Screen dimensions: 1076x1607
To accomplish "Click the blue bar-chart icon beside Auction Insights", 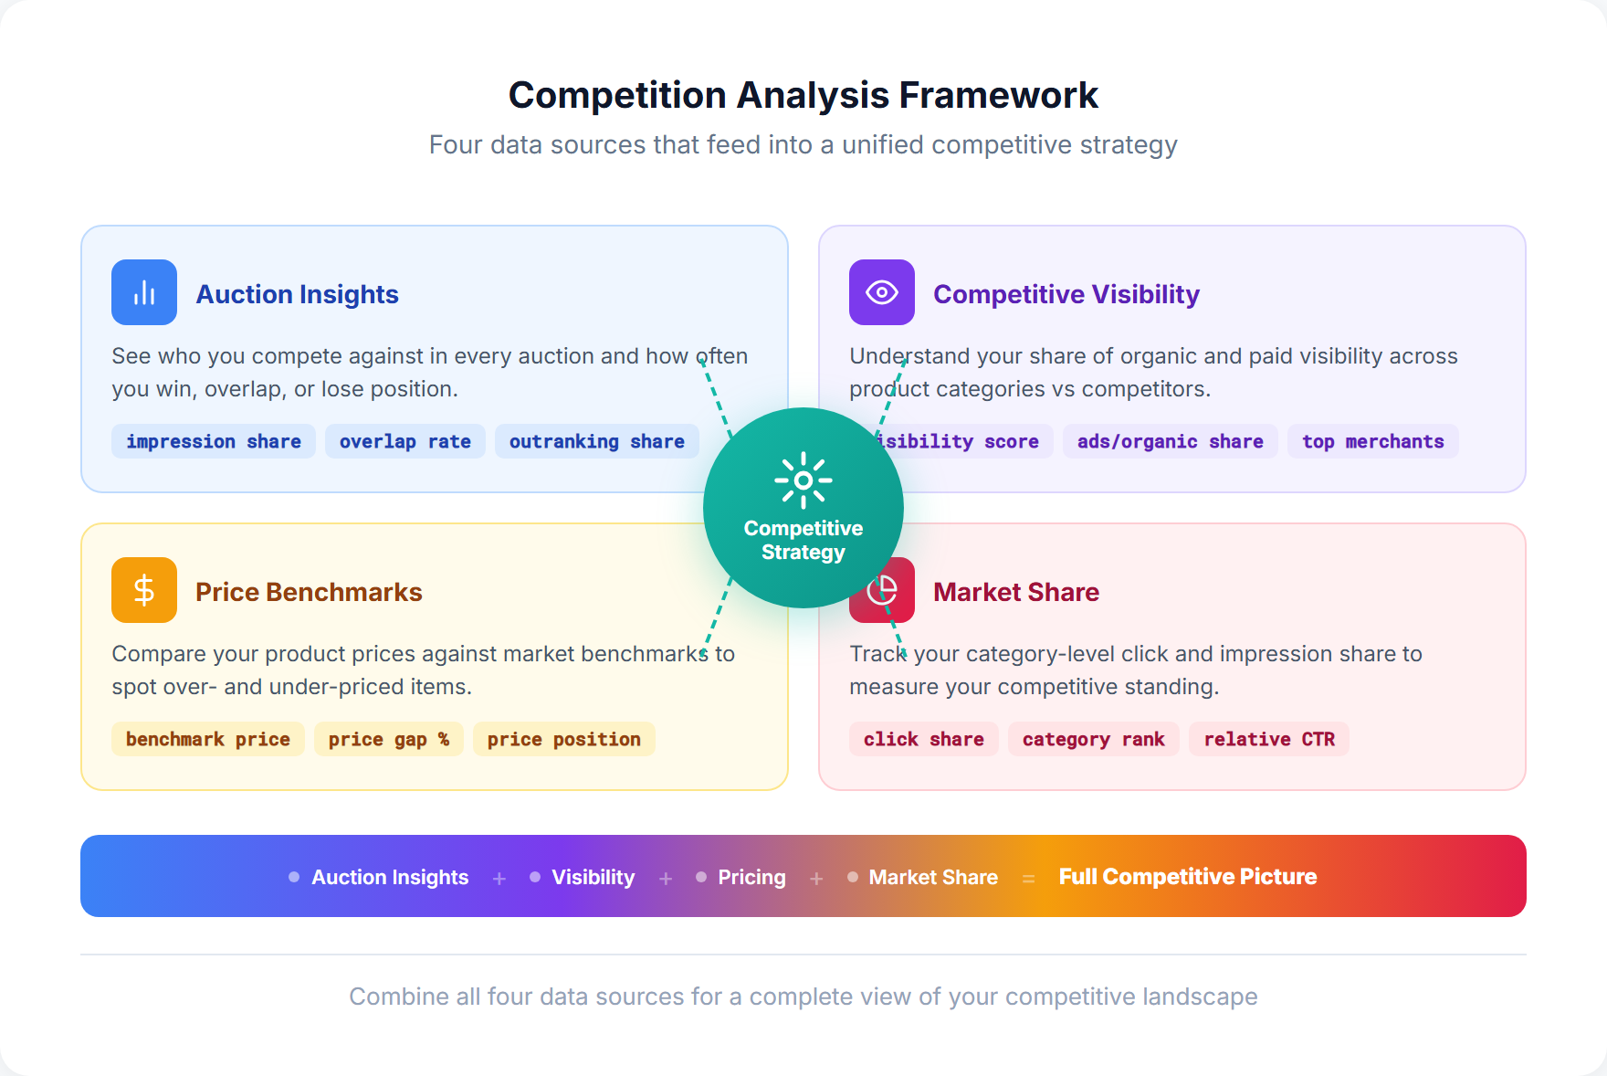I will click(144, 292).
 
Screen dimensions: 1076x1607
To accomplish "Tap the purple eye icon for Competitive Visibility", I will click(881, 292).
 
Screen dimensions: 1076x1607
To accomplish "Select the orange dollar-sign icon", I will click(144, 590).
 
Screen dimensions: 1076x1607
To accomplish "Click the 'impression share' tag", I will click(214, 441).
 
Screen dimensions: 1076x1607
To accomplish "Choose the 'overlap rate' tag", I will click(404, 441).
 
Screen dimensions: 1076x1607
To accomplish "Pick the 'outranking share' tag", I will click(596, 441).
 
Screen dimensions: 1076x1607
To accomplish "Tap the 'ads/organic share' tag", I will click(1170, 441).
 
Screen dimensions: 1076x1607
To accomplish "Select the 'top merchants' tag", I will click(1372, 441).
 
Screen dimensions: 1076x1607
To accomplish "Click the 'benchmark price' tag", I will click(208, 739).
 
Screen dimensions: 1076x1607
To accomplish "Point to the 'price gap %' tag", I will click(388, 739).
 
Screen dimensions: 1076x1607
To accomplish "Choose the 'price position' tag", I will click(563, 739).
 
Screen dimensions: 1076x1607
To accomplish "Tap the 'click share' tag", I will click(923, 739).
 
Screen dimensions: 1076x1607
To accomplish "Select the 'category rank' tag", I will click(1093, 739).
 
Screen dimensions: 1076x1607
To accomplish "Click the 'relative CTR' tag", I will click(1268, 739).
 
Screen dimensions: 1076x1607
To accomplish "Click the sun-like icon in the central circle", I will click(803, 480).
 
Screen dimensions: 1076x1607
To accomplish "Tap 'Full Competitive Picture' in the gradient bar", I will click(1187, 877).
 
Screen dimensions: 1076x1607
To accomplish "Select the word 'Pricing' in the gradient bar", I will click(751, 877).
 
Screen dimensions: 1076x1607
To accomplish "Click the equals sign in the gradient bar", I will click(1028, 878).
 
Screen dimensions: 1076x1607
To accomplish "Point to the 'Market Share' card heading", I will click(1015, 592).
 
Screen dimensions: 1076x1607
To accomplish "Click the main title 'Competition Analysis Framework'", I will click(803, 95).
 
